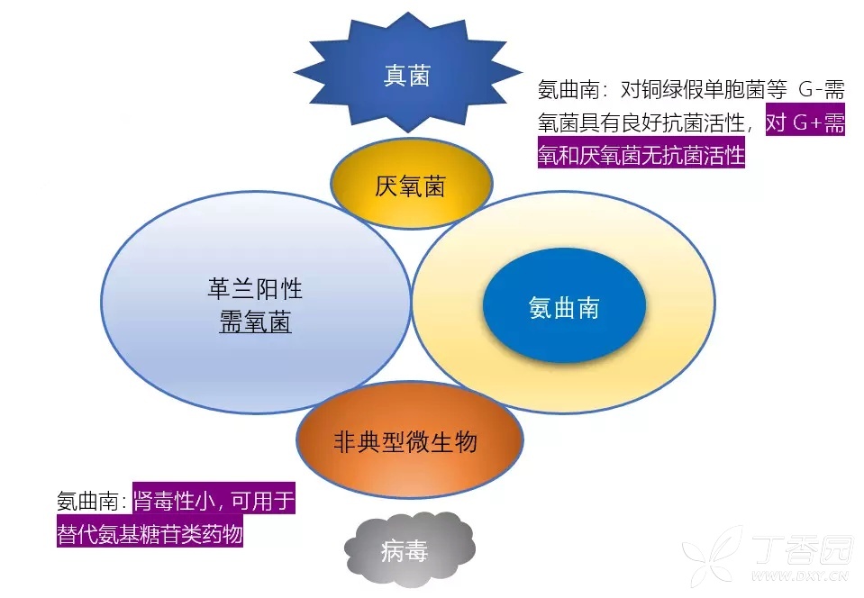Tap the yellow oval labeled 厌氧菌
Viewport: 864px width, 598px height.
point(410,186)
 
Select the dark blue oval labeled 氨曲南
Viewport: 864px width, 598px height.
point(564,308)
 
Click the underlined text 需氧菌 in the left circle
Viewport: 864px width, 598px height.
point(255,322)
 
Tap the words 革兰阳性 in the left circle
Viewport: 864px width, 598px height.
point(255,289)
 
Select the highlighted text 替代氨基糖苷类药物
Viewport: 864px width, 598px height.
point(150,533)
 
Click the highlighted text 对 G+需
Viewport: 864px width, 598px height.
point(805,122)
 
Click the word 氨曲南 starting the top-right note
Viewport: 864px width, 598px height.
point(566,90)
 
